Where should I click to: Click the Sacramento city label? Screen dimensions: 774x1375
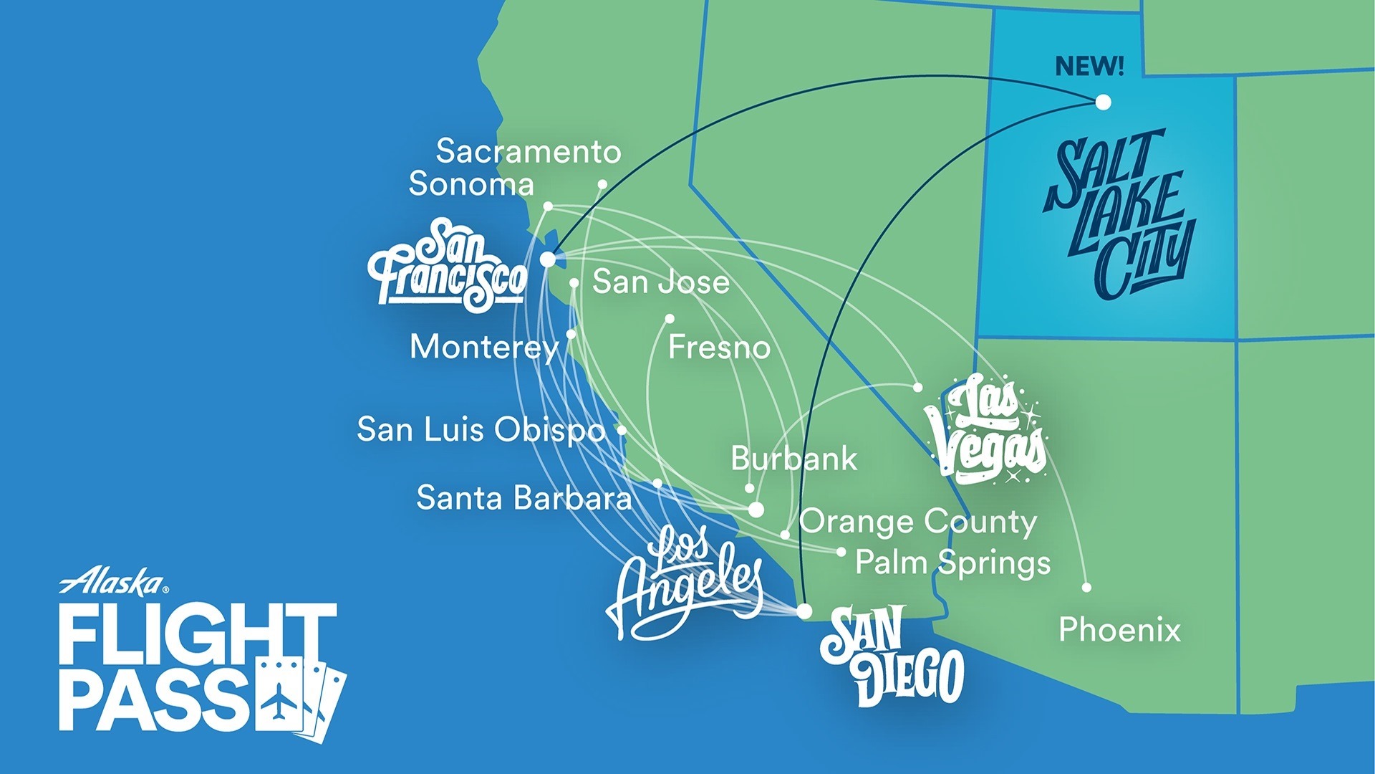(x=528, y=151)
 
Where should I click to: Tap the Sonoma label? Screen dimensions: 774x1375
(x=471, y=184)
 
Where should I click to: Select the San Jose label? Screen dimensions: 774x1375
(x=660, y=282)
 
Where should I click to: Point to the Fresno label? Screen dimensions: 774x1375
(x=719, y=348)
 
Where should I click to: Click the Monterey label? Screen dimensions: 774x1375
(x=484, y=348)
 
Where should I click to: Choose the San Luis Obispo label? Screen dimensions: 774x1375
(x=481, y=429)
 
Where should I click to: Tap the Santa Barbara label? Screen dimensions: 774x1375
(x=524, y=497)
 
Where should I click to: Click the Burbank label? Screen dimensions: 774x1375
(x=793, y=459)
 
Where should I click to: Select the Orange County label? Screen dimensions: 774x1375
(x=917, y=522)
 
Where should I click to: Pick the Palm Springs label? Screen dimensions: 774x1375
(x=952, y=563)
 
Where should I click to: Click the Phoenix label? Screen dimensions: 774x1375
(x=1119, y=630)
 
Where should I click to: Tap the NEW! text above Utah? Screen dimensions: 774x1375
(x=1089, y=67)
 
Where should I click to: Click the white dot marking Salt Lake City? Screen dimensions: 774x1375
(x=1104, y=102)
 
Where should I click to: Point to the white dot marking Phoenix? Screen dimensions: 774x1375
(x=1086, y=588)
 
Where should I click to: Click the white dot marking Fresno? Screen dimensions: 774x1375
(x=670, y=318)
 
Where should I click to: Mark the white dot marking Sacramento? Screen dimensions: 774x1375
(x=602, y=184)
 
